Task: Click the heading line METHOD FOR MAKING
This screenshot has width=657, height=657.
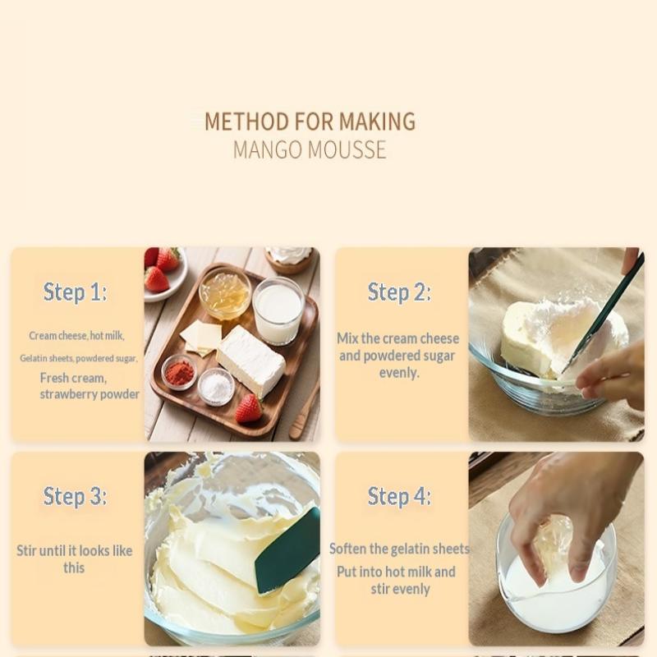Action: [x=310, y=122]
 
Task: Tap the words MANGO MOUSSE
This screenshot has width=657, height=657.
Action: [x=310, y=150]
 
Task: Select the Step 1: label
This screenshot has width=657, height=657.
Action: [x=75, y=292]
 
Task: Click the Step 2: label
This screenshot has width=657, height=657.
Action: [x=399, y=292]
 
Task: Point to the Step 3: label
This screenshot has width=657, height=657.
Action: [x=75, y=497]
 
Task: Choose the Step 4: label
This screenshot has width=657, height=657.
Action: [x=399, y=497]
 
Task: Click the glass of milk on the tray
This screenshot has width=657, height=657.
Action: [x=278, y=310]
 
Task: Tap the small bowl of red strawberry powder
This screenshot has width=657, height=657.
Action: [x=179, y=372]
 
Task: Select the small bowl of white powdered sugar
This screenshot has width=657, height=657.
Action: [x=216, y=387]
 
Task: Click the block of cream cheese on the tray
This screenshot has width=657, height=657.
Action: [x=251, y=361]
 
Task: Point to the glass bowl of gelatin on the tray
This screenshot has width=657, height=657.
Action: [x=225, y=292]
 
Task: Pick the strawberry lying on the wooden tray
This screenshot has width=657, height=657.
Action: [x=249, y=408]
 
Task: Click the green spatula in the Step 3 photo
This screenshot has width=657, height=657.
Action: [x=289, y=551]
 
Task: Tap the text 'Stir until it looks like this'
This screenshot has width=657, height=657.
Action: [x=75, y=559]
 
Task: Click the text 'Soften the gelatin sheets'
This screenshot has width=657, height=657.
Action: [x=399, y=549]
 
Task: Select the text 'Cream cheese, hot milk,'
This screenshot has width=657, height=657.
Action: [x=76, y=336]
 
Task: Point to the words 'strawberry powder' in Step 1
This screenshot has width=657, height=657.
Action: [x=90, y=394]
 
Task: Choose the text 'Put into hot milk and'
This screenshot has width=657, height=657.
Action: [x=396, y=572]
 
